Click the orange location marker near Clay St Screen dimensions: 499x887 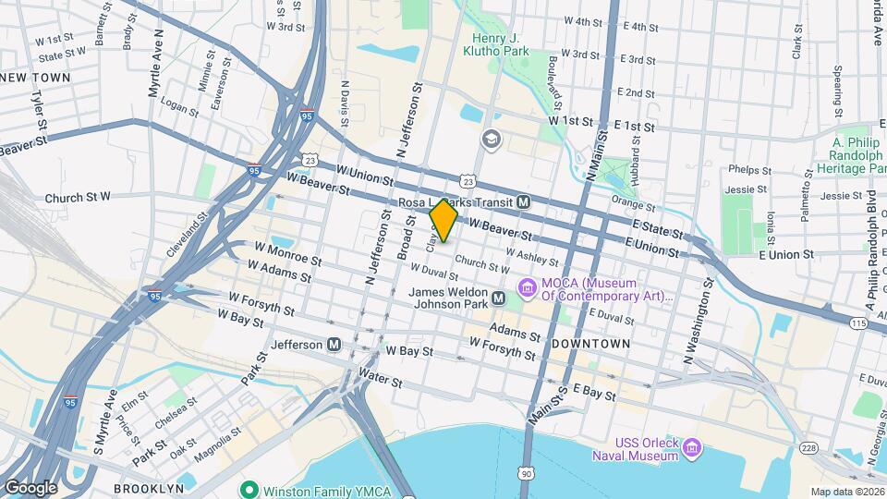443,221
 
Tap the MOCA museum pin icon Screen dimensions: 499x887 528,288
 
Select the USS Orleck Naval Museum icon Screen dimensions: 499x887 692,449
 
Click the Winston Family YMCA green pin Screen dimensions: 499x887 248,489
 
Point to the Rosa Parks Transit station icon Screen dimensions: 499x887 523,202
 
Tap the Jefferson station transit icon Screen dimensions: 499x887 334,345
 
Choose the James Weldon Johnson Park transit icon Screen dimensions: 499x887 498,298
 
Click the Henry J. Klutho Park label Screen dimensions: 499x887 500,45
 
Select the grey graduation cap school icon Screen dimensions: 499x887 489,139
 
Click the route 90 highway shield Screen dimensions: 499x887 526,473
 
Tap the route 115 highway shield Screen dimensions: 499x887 858,323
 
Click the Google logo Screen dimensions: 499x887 30,487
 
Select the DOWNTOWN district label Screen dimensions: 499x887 590,344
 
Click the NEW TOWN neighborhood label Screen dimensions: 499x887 38,78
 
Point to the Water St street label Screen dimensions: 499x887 381,379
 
